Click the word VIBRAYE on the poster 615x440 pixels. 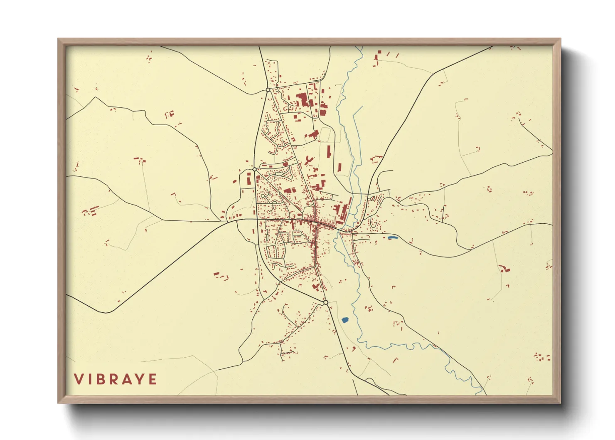116,379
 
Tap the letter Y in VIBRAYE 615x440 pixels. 141,379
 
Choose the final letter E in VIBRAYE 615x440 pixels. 153,379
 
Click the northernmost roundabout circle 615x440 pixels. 268,90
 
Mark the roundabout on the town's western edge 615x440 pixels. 254,170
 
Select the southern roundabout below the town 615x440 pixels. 326,302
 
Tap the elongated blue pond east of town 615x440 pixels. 392,238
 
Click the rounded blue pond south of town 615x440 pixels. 344,320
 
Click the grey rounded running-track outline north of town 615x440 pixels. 325,134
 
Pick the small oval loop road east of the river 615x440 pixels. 373,199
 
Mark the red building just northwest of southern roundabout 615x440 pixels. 315,287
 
